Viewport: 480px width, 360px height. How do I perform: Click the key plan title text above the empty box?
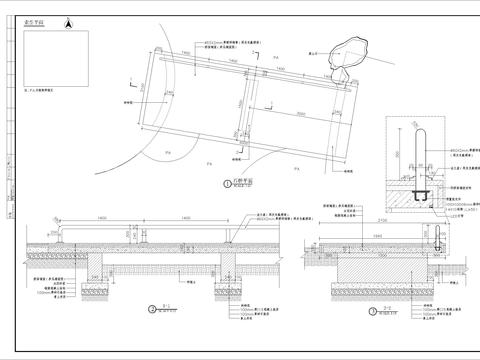[x=41, y=30]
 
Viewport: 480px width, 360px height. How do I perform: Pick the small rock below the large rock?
[x=339, y=73]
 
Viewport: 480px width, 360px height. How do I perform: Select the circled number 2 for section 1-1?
[x=150, y=310]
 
